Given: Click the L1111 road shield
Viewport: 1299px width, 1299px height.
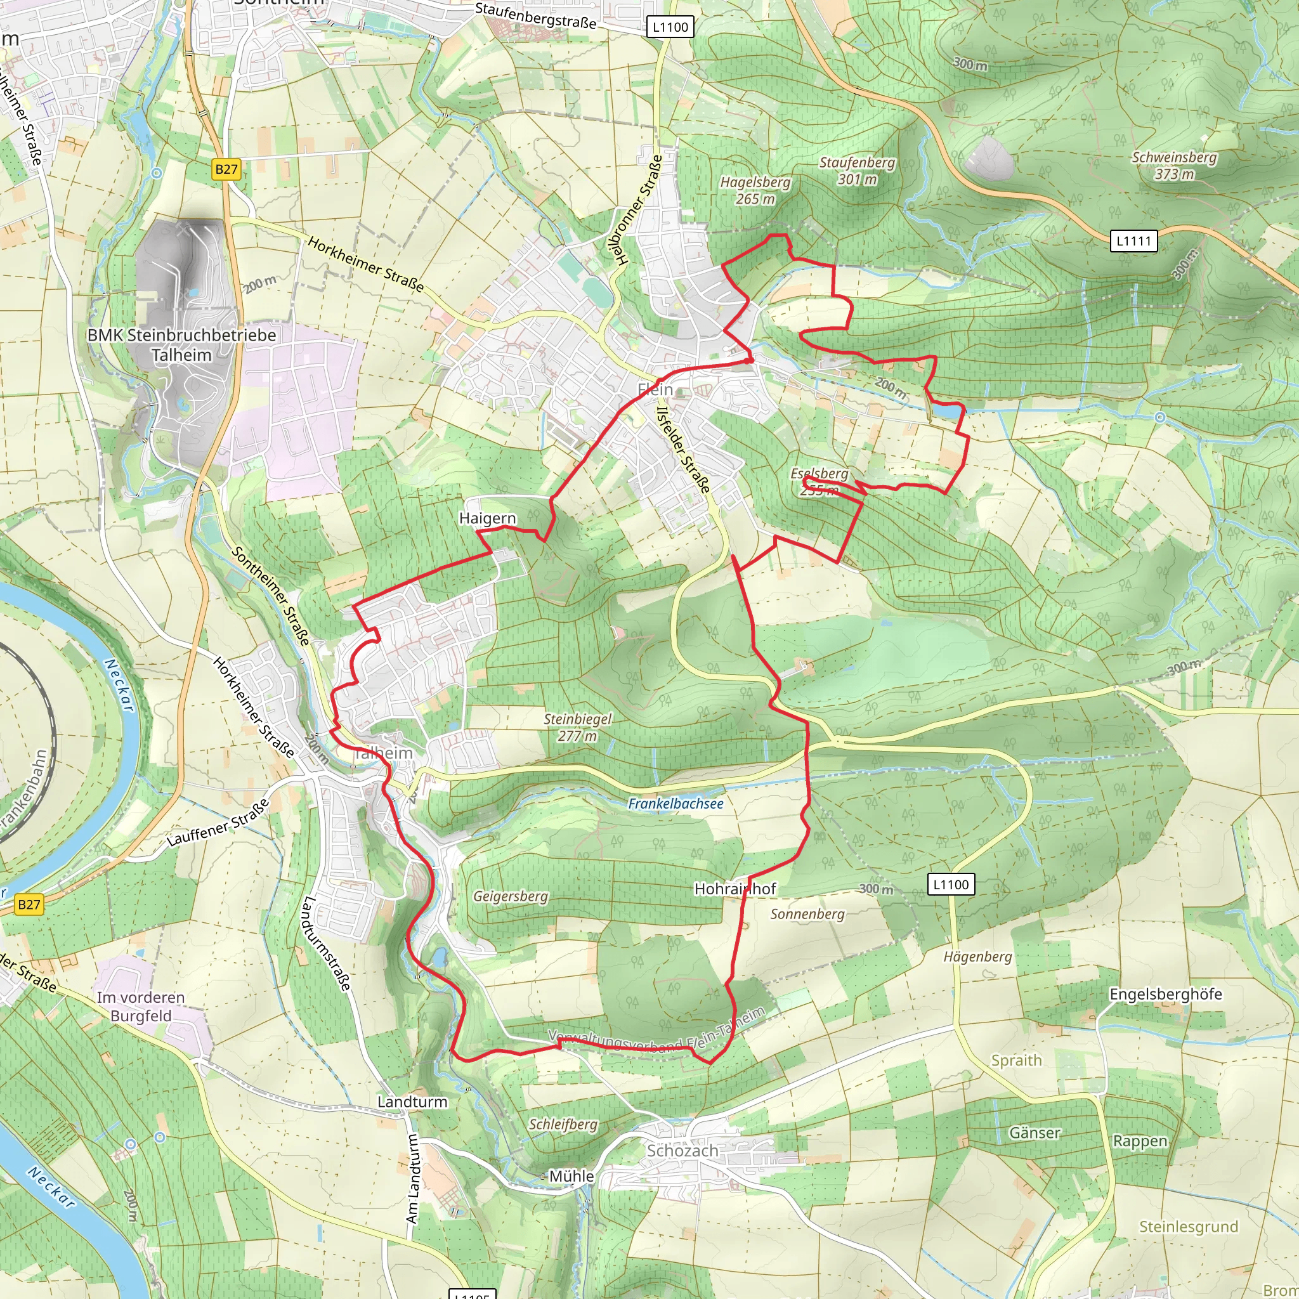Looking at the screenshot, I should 1133,240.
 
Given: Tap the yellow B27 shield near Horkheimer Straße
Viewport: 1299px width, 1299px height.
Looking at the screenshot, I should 226,169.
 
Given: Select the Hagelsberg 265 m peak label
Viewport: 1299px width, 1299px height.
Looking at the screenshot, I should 755,190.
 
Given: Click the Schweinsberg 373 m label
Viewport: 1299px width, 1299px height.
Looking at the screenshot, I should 1174,166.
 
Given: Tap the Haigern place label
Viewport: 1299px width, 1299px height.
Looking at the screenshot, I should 488,518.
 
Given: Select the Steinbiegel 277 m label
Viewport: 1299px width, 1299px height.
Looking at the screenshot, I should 578,727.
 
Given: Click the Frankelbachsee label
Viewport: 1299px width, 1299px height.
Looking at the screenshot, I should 675,804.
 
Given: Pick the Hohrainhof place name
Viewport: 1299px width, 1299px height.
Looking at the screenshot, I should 734,889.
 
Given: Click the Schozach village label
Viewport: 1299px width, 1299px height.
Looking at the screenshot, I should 682,1151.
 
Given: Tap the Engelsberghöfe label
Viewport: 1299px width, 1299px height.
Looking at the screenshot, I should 1165,994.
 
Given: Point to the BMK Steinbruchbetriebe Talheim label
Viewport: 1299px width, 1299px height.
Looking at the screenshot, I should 181,344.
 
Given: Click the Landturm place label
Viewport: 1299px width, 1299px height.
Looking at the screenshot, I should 412,1101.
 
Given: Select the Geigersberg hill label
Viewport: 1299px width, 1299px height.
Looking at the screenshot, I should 511,896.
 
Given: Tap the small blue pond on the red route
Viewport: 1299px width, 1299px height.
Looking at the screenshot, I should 947,409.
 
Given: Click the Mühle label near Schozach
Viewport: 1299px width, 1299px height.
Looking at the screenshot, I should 571,1176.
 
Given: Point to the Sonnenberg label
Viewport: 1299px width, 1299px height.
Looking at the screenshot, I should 807,914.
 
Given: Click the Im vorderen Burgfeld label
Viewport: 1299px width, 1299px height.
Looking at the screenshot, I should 141,1007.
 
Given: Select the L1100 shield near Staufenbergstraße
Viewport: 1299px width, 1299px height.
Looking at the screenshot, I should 670,27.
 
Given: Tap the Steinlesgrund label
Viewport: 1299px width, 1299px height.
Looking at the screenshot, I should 1188,1227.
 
